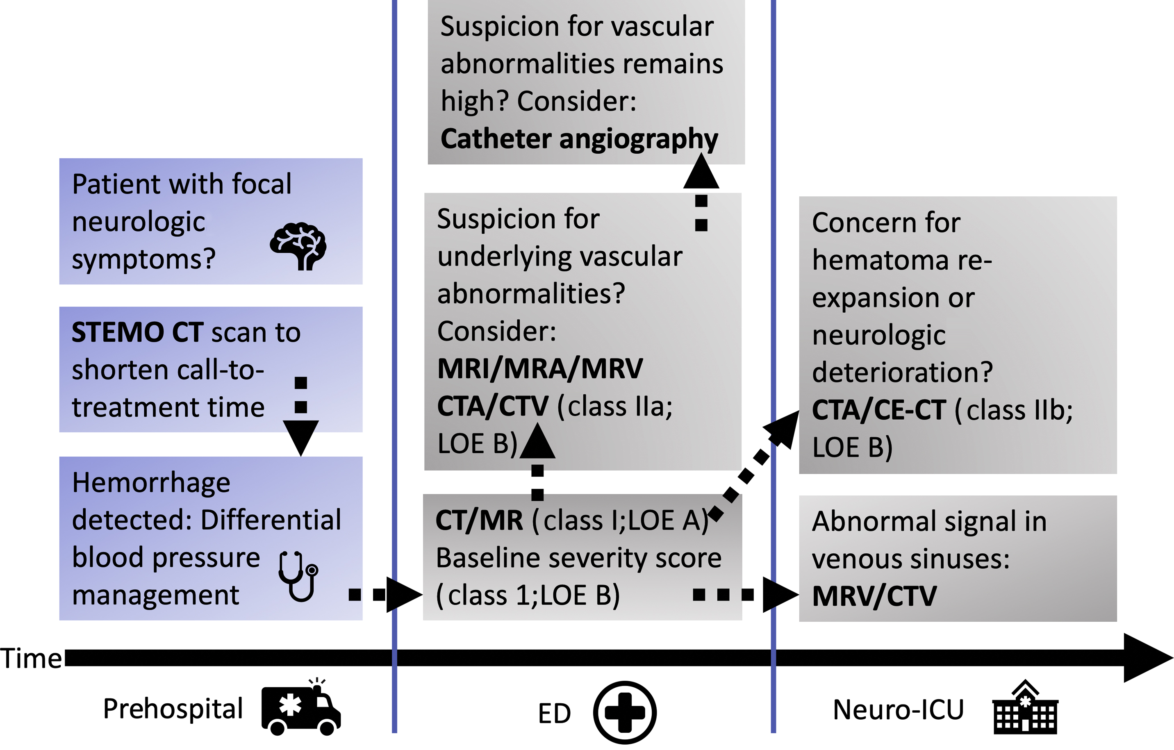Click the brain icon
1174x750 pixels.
298,246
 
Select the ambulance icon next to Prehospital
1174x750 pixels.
301,708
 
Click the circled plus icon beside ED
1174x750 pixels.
625,712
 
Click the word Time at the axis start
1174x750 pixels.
31,658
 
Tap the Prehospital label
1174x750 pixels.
173,709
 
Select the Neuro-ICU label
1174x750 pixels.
898,709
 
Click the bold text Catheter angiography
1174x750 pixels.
579,139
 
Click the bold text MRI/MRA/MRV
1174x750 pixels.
540,368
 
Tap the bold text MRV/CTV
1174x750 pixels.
874,596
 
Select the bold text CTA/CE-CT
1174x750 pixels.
878,410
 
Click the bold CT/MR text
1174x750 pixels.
479,520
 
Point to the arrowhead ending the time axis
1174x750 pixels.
1147,658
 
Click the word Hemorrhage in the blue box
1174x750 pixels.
151,483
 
